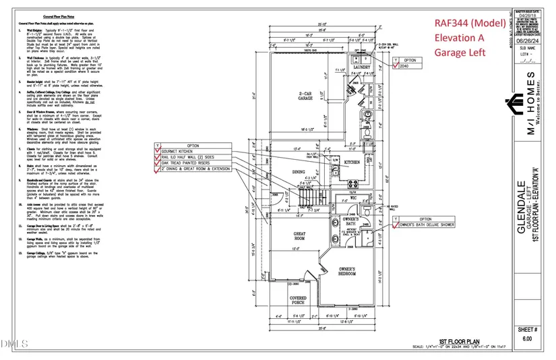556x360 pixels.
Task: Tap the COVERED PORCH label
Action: (x=298, y=299)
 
